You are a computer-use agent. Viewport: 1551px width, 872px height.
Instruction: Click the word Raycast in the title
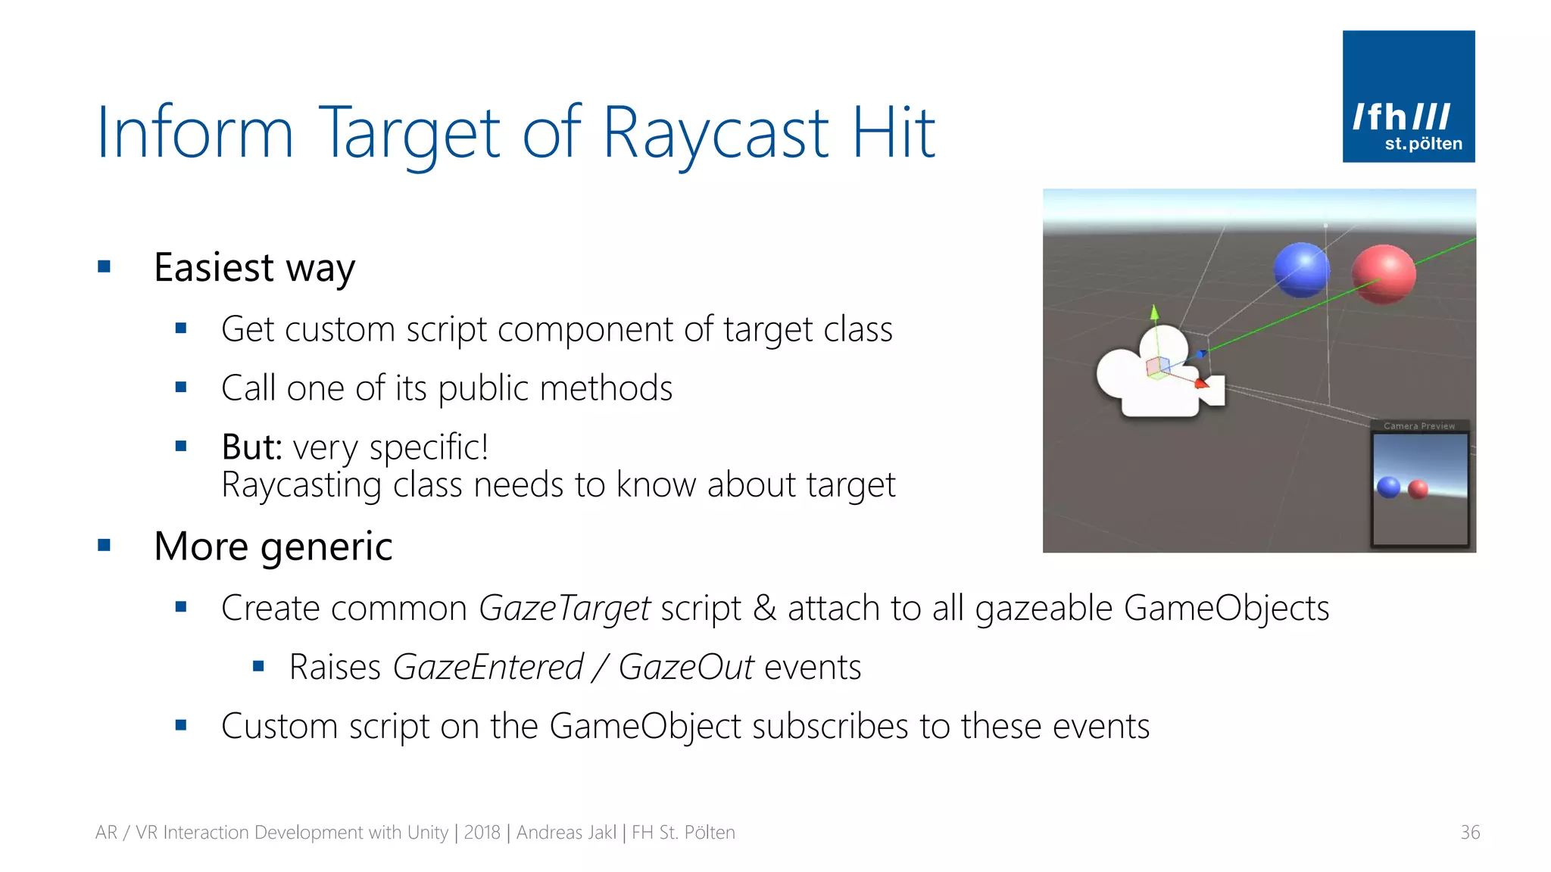716,134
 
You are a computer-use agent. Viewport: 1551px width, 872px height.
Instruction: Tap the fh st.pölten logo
1408,97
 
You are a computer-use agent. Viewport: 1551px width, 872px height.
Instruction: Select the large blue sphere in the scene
1300,269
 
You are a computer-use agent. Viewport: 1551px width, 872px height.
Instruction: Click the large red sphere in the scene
1383,274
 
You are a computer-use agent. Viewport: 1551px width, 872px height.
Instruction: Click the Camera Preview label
1418,426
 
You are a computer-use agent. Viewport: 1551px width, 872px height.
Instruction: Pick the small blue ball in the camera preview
1388,487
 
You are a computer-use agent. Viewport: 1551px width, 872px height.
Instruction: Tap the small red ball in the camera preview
1418,490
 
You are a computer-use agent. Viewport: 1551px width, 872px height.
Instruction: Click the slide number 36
1469,833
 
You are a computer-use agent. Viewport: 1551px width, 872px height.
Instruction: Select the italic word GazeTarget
564,609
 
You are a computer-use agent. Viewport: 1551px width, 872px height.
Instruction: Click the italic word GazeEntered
488,668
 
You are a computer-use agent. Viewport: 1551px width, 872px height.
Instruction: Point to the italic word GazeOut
685,668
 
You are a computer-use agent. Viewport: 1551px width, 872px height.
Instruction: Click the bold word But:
251,447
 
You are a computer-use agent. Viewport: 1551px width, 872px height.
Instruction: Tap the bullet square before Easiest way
105,266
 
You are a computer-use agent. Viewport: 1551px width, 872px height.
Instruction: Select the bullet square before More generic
105,545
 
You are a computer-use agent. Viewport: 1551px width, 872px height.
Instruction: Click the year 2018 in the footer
482,833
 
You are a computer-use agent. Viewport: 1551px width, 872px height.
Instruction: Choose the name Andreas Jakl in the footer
566,833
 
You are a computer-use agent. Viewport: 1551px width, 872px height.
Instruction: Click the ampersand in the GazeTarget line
764,609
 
